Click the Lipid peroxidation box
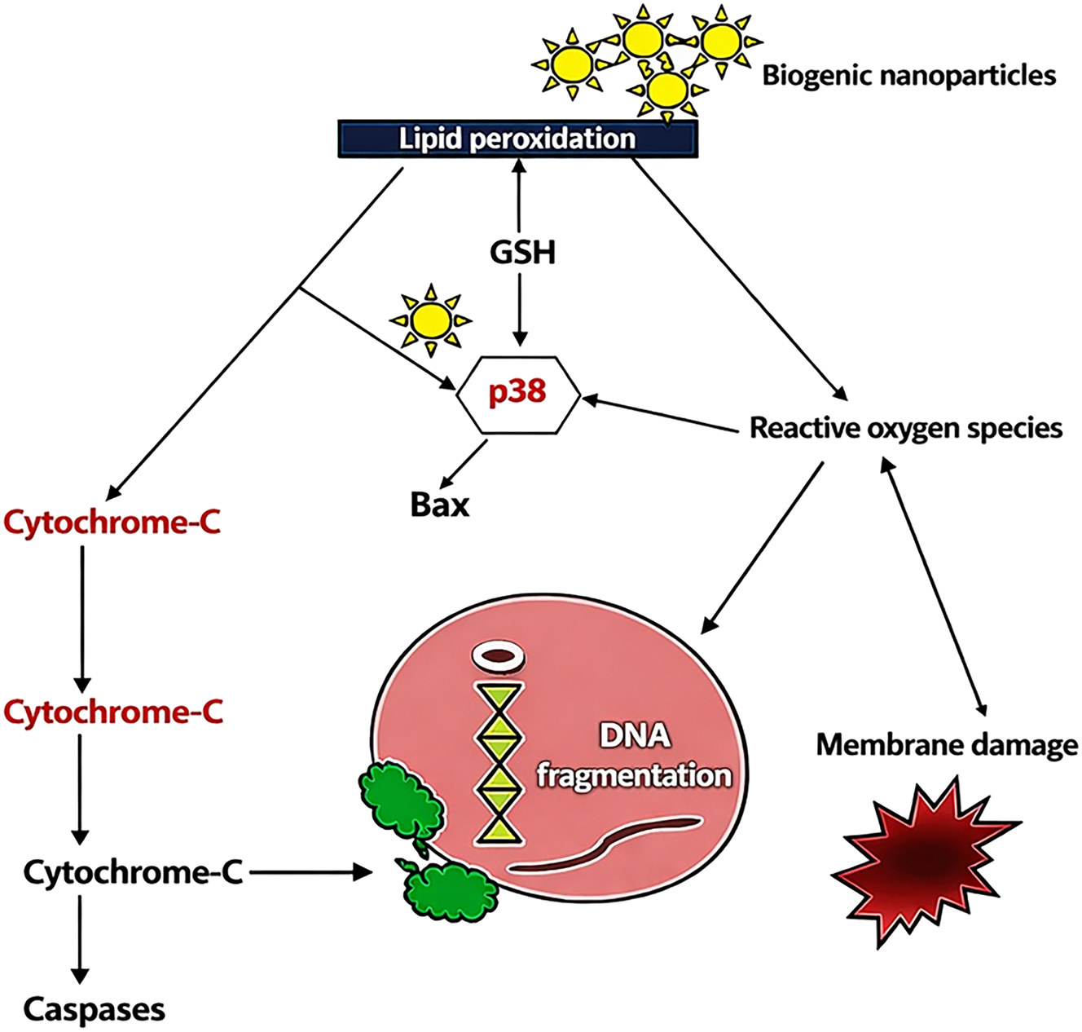517,139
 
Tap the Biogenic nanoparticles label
908,76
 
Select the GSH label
522,253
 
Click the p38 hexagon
518,394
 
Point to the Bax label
440,505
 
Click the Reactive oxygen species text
905,428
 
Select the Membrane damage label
947,744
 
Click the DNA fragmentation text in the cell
634,756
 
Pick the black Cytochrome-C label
133,873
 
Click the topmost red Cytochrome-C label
112,523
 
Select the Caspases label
94,1010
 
